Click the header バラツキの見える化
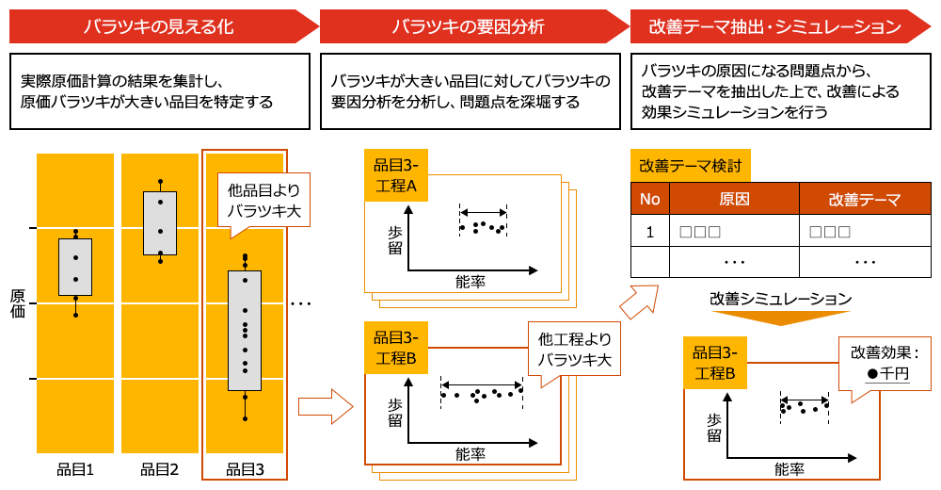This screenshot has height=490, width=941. pyautogui.click(x=158, y=27)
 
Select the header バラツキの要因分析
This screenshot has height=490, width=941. pyautogui.click(x=468, y=27)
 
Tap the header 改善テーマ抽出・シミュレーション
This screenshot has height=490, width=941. pyautogui.click(x=775, y=27)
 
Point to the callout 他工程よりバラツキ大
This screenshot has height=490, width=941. pyautogui.click(x=574, y=350)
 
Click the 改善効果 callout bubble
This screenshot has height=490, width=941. pyautogui.click(x=884, y=363)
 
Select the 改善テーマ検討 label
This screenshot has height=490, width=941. pyautogui.click(x=690, y=166)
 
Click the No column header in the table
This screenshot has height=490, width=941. pyautogui.click(x=649, y=199)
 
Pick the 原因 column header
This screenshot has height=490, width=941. pyautogui.click(x=734, y=199)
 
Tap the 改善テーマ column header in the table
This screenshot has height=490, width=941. pyautogui.click(x=865, y=199)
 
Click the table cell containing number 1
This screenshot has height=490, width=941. pyautogui.click(x=649, y=232)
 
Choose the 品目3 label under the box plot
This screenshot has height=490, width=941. pyautogui.click(x=245, y=469)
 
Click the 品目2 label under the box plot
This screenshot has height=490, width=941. pyautogui.click(x=159, y=469)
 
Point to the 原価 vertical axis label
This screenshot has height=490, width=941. pyautogui.click(x=18, y=302)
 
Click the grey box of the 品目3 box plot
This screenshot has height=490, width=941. pyautogui.click(x=245, y=330)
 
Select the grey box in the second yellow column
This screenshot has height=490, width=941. pyautogui.click(x=160, y=222)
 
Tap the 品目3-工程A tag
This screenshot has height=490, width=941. pyautogui.click(x=396, y=174)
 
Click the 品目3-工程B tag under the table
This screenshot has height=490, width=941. pyautogui.click(x=715, y=363)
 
